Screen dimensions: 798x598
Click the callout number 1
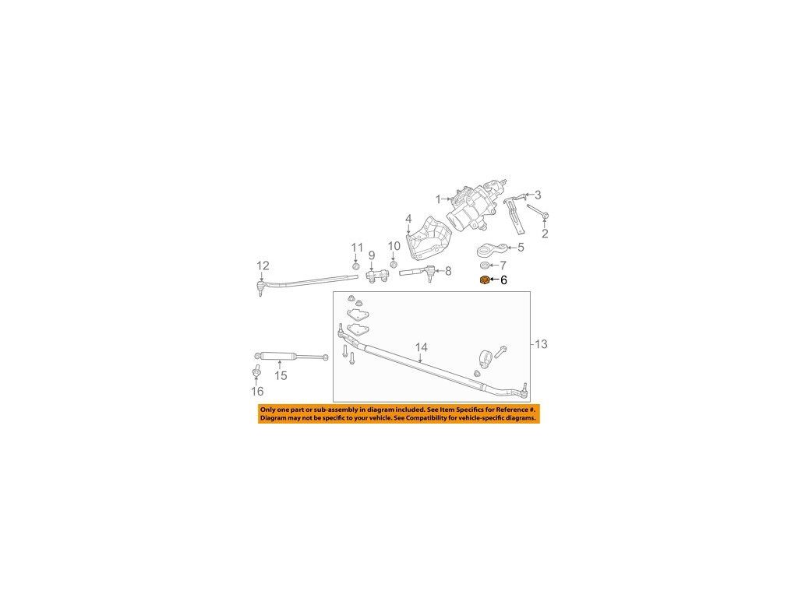pos(439,199)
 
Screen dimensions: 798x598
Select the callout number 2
pos(546,233)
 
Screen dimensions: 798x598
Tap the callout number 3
pos(537,195)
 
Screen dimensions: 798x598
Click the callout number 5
pos(521,248)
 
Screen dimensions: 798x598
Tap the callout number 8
pos(448,271)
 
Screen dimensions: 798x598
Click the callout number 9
pos(372,255)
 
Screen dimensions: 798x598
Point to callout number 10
pos(394,246)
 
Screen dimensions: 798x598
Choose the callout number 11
pos(357,248)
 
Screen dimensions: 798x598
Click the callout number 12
pos(263,266)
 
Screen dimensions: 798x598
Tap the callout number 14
pos(422,347)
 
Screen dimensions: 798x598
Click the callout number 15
pos(281,375)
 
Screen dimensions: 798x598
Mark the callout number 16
pos(257,391)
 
